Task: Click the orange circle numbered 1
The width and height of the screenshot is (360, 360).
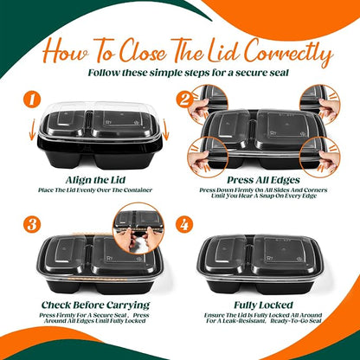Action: (x=32, y=100)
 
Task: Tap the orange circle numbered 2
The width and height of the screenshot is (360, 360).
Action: (x=185, y=100)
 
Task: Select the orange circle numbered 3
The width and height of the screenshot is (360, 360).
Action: (x=32, y=223)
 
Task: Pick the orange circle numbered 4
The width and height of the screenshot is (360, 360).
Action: (x=185, y=223)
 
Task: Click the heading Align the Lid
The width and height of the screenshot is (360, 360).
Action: (x=95, y=180)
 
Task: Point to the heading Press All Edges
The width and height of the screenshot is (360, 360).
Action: (x=263, y=180)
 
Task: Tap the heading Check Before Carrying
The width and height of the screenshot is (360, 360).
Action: (x=95, y=305)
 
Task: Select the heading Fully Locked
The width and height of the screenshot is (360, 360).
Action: (x=263, y=305)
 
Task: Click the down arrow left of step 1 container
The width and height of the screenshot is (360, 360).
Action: (x=33, y=130)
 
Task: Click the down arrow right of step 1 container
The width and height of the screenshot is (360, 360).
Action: (x=165, y=130)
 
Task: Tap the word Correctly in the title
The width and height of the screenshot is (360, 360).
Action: (x=288, y=53)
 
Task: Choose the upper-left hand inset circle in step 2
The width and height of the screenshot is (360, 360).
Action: (x=209, y=104)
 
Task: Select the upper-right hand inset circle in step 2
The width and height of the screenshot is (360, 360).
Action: (x=320, y=104)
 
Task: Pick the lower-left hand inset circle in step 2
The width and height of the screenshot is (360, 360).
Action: (x=208, y=157)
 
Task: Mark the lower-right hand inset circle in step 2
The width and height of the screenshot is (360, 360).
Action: (x=320, y=157)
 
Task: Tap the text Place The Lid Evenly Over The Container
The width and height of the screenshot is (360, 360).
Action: (x=95, y=190)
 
